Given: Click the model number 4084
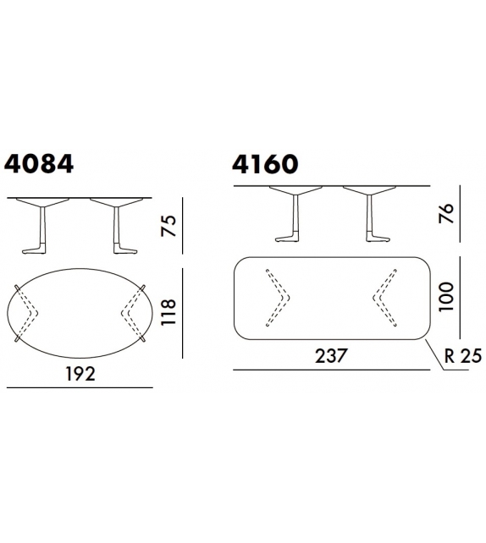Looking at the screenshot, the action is (x=39, y=164).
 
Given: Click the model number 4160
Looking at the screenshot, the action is (x=265, y=164).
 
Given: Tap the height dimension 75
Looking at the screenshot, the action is (x=168, y=226).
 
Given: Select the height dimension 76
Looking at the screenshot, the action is (x=446, y=213).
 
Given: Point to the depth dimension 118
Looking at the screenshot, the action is (x=168, y=312).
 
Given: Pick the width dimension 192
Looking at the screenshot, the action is (x=80, y=374).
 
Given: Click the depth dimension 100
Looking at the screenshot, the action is (x=446, y=297).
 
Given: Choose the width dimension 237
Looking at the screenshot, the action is (x=331, y=356).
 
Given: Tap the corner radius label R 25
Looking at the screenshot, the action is (x=463, y=356).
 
